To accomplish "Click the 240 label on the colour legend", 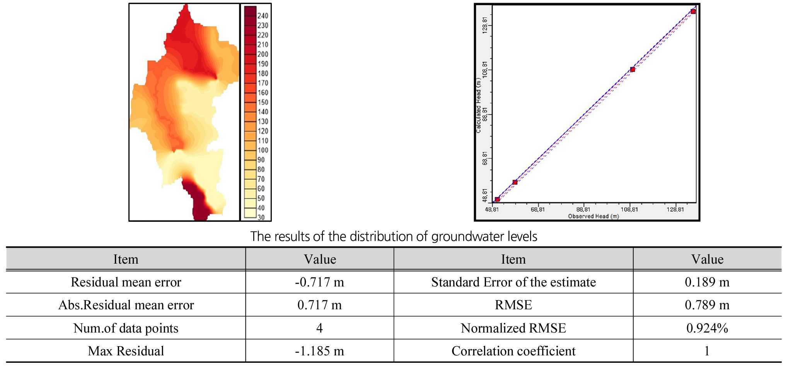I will point(263,16).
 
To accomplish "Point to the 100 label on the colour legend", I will point(263,150).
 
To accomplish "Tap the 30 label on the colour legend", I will point(261,217).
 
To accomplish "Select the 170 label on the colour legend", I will point(263,83).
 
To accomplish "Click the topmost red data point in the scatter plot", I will point(693,12).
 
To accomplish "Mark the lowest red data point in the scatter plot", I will point(497,199).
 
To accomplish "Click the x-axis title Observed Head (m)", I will point(593,216).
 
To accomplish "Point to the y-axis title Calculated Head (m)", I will point(479,105).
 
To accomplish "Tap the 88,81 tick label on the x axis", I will point(583,209).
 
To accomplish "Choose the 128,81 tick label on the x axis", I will point(675,209).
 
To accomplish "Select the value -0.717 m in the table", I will point(319,282).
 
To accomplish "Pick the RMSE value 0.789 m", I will point(707,305).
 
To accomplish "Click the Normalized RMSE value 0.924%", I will point(707,328).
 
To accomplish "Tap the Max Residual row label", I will point(126,351).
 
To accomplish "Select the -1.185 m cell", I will point(319,351).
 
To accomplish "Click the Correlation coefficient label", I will point(513,351).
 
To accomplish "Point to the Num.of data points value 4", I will point(319,328).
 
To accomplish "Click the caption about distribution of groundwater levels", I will point(394,237).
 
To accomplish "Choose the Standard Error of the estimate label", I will point(513,282).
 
